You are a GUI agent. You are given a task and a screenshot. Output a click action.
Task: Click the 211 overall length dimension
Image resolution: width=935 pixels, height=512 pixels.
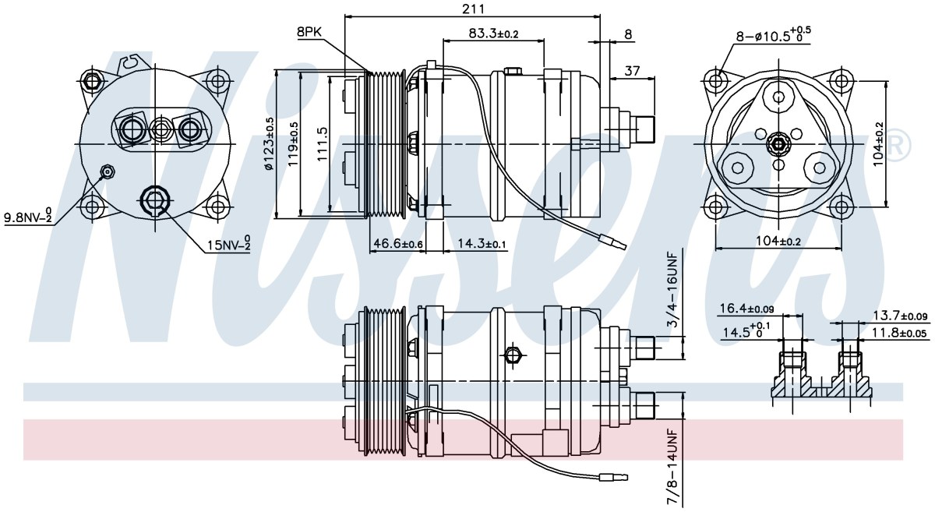point(474,9)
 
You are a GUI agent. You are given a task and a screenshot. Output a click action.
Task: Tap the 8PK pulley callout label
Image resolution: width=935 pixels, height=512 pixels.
point(309,32)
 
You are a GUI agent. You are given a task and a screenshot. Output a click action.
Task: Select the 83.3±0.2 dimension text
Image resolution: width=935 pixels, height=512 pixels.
point(493,34)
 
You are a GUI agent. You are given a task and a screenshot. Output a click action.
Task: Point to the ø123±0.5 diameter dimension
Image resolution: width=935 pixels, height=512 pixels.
point(269,143)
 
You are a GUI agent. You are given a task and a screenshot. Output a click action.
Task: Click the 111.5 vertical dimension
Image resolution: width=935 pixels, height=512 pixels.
point(323,144)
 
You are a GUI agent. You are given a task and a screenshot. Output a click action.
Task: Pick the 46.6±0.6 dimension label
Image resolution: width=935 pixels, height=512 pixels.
point(398,243)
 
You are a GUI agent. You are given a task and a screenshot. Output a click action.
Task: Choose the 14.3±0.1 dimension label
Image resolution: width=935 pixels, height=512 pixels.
point(482,243)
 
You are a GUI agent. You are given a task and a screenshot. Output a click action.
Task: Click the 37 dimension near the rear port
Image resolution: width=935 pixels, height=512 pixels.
point(632,71)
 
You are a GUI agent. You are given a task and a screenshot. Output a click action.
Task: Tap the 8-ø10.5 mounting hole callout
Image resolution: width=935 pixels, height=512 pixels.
point(773,36)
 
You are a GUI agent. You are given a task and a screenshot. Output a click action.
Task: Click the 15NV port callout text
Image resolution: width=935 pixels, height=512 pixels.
point(229,244)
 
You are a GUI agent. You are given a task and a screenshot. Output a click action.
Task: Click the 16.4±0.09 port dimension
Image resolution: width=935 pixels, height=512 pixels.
point(746,309)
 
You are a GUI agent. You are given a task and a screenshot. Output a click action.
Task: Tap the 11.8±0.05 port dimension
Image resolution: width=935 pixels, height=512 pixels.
point(898,333)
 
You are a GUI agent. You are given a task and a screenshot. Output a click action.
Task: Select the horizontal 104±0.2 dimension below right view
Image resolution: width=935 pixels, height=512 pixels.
point(778,241)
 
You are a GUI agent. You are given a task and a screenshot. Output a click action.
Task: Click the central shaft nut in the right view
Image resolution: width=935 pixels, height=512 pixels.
point(779,144)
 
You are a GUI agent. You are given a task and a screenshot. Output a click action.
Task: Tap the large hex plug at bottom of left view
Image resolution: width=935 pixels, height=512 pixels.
point(155,200)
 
